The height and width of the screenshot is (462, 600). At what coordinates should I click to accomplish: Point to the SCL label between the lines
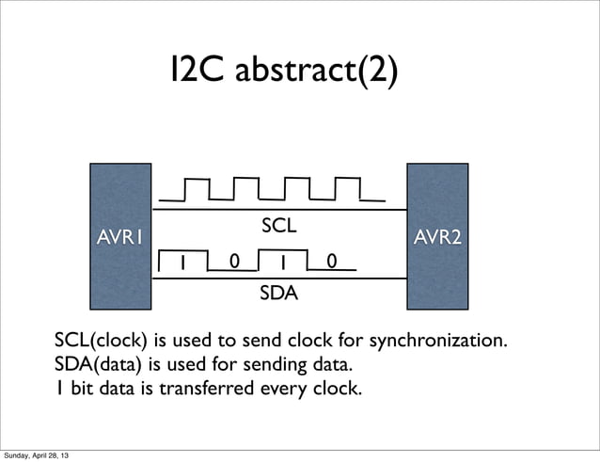point(278,226)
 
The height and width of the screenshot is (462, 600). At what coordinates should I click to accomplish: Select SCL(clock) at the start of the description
point(100,339)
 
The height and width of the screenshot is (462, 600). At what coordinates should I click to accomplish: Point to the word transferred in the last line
point(220,388)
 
